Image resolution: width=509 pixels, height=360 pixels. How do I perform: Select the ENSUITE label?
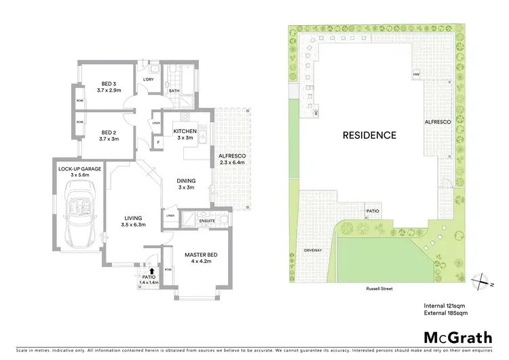(208, 220)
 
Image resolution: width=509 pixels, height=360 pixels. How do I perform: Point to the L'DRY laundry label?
(149, 79)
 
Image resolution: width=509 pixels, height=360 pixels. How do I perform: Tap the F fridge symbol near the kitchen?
(157, 143)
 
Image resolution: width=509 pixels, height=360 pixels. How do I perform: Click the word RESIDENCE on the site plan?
(369, 135)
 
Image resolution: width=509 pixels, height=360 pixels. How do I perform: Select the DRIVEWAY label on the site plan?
(312, 251)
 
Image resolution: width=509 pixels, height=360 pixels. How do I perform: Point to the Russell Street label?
(378, 289)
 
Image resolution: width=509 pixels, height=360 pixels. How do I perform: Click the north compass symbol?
(480, 280)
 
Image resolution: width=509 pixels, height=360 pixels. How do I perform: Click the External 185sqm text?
(446, 313)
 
